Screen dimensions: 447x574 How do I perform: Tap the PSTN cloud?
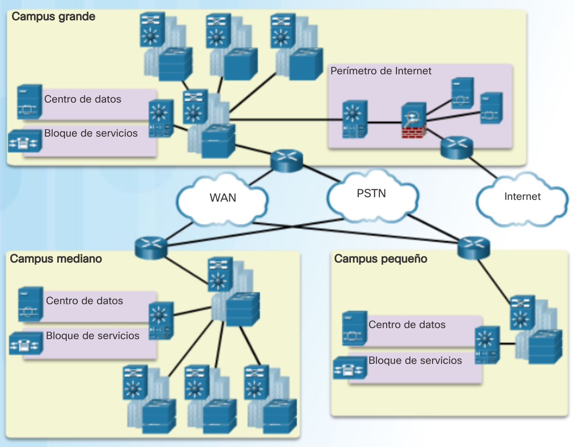tap(372, 194)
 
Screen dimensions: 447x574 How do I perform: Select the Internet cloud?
tap(522, 197)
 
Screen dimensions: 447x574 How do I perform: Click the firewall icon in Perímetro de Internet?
tap(414, 121)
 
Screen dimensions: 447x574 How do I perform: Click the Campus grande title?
tap(53, 17)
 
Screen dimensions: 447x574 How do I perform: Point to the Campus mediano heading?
tap(56, 259)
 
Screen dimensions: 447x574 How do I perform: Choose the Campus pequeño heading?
tap(380, 259)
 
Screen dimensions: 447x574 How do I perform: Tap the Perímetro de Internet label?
tap(381, 71)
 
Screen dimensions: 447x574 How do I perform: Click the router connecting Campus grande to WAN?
tap(287, 160)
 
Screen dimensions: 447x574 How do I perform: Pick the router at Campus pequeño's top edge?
tap(474, 248)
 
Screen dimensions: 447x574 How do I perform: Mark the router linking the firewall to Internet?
tap(456, 148)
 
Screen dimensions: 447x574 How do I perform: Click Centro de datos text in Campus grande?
tap(83, 99)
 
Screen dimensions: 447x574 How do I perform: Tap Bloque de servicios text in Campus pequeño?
tap(415, 361)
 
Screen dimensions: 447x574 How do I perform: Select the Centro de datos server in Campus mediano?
tap(30, 304)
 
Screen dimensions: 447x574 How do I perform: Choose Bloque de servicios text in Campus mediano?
tap(92, 336)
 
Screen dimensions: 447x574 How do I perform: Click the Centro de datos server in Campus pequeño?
tap(354, 329)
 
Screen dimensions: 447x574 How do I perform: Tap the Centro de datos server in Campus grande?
tap(30, 102)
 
